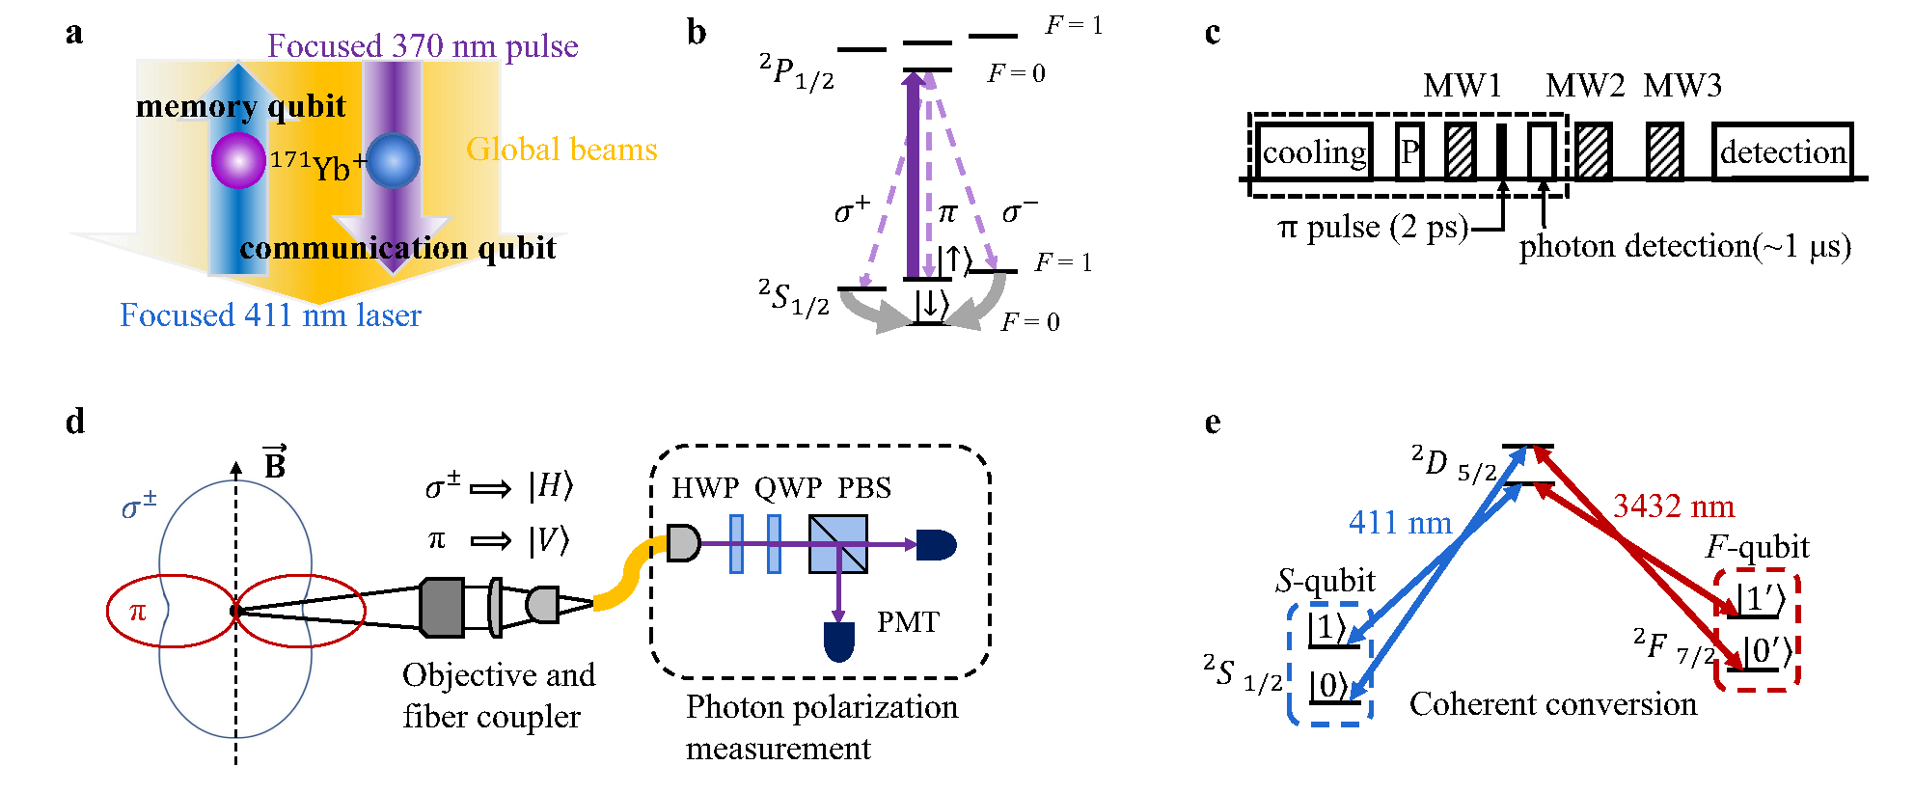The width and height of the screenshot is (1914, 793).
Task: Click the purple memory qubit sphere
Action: [238, 160]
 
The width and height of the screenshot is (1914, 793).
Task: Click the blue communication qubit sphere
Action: [393, 160]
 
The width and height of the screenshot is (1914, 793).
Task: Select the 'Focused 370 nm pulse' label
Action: [423, 45]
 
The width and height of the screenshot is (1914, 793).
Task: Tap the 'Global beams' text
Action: [561, 150]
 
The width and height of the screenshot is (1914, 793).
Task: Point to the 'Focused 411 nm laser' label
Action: [270, 315]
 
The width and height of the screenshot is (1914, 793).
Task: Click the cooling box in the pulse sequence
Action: [1314, 152]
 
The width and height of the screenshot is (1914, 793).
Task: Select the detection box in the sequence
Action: [1782, 152]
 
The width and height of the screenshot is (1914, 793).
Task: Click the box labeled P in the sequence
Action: [1409, 152]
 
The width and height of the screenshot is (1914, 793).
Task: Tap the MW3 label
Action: [1682, 86]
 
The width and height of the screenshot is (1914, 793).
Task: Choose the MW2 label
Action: [1585, 86]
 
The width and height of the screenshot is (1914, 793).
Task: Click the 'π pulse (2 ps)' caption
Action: [1372, 228]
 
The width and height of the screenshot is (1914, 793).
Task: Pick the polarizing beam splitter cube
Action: [837, 544]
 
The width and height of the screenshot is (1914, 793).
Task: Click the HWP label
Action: [706, 488]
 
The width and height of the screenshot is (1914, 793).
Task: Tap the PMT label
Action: [908, 622]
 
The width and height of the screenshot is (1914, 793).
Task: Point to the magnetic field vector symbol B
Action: [275, 463]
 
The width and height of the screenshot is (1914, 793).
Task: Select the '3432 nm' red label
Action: [1674, 506]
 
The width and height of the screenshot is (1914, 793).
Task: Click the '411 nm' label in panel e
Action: [1400, 523]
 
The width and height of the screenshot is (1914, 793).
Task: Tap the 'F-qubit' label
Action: [1757, 547]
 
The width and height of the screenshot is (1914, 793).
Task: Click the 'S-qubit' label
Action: [1326, 581]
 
